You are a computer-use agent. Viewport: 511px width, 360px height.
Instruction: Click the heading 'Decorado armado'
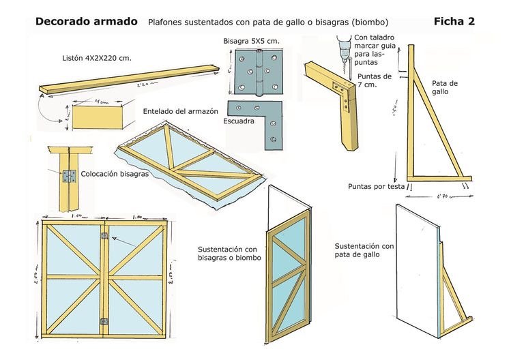tap(86, 22)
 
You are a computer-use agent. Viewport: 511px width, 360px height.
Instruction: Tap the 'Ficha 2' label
tap(454, 21)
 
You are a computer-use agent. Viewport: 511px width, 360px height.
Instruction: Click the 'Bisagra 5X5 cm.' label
tap(250, 42)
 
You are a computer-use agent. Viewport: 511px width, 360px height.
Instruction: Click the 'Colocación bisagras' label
tap(115, 174)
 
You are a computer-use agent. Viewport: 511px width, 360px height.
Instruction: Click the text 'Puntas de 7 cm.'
tap(374, 80)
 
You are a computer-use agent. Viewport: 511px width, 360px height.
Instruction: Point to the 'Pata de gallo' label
tap(445, 87)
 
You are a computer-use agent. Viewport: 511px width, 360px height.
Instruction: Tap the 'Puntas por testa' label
tap(376, 185)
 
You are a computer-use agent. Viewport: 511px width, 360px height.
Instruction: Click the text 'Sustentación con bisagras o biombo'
tap(227, 254)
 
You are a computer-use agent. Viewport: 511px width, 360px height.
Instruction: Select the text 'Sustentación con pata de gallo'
tap(364, 250)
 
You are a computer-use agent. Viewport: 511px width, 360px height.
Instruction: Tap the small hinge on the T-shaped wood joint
tap(68, 177)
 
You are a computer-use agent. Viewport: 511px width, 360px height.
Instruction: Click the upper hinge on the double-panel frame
tap(104, 236)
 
